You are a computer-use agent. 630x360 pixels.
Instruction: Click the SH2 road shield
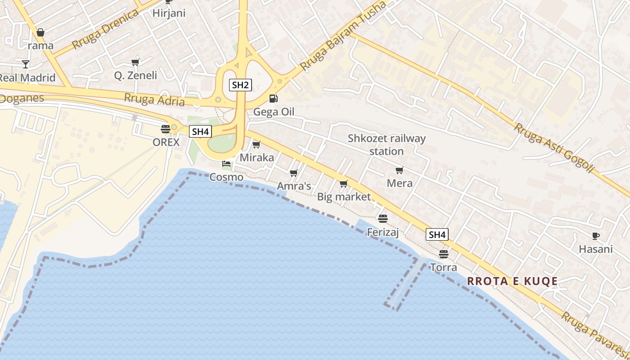[x=240, y=85]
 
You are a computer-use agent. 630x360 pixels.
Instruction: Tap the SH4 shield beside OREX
[x=200, y=131]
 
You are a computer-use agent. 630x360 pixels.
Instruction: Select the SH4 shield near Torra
[x=437, y=234]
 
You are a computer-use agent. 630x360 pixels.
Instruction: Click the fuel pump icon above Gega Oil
[x=273, y=98]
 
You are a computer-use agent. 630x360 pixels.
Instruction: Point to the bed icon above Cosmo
[x=226, y=163]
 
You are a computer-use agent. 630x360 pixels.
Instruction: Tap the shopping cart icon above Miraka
[x=256, y=144]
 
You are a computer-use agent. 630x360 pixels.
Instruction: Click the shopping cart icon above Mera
[x=399, y=170]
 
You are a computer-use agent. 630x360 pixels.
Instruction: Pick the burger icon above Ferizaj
[x=383, y=219]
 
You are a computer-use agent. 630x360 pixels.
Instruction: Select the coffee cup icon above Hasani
[x=595, y=236]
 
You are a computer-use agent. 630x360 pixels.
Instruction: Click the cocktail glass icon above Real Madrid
[x=26, y=64]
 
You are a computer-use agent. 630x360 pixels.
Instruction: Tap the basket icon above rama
[x=40, y=32]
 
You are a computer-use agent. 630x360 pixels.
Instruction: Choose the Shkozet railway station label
[x=387, y=144]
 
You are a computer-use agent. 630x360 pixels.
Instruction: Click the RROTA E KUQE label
[x=512, y=281]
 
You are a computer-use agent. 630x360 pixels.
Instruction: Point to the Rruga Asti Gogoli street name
[x=554, y=147]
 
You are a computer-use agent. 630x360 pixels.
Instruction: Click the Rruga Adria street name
[x=154, y=99]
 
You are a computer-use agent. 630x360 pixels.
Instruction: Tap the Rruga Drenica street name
[x=105, y=30]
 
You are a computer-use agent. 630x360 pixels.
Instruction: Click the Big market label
[x=344, y=196]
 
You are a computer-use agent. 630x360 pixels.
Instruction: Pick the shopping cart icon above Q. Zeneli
[x=135, y=62]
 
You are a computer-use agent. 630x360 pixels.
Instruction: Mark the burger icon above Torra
[x=444, y=254]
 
